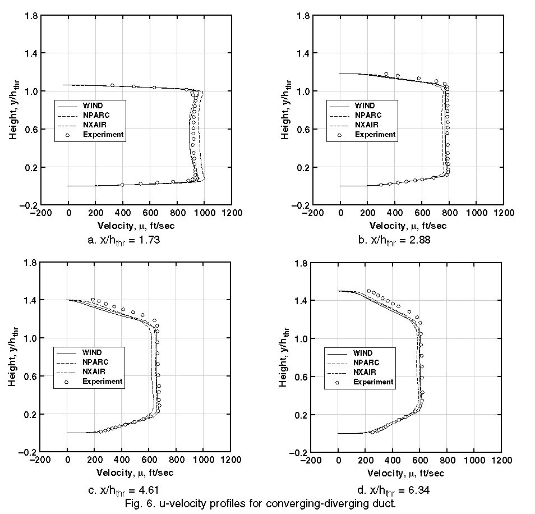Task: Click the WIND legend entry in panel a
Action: [92, 105]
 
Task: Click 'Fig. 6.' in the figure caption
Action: [141, 502]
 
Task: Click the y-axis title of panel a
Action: [13, 110]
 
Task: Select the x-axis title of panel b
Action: [408, 226]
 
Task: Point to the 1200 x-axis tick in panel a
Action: [232, 213]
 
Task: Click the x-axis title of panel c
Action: [135, 472]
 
